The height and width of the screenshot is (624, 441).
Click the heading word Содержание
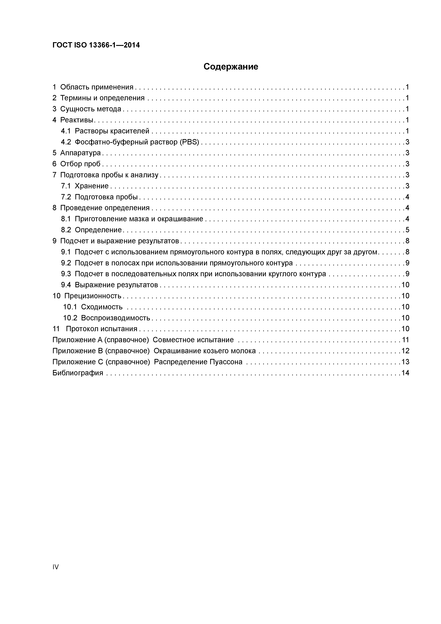[231, 67]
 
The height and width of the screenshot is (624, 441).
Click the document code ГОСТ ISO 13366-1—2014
[96, 45]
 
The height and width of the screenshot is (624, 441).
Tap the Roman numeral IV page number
[55, 567]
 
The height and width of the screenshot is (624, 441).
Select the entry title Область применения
[97, 87]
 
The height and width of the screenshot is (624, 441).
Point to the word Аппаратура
[80, 153]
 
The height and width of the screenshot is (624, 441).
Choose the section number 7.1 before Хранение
[66, 186]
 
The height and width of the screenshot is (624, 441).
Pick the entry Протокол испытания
[102, 329]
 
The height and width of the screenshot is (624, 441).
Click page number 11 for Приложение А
[405, 340]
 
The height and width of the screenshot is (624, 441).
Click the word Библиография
[78, 373]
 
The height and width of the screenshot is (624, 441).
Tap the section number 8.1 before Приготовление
[66, 219]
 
